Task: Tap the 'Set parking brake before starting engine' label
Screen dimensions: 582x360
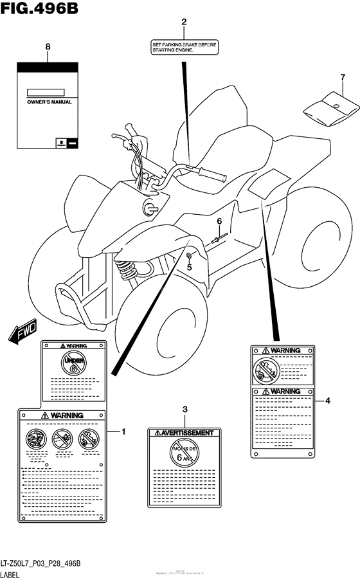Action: [x=184, y=48]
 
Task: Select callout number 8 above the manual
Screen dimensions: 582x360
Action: [x=48, y=46]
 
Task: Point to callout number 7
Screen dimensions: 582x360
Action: [x=334, y=78]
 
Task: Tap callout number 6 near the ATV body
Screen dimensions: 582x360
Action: [x=219, y=222]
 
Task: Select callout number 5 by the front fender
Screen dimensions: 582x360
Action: [x=189, y=267]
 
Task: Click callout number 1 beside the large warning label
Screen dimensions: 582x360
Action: [x=123, y=432]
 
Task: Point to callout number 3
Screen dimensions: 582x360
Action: [x=185, y=410]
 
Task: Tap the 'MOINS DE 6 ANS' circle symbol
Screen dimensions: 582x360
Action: [x=185, y=454]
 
